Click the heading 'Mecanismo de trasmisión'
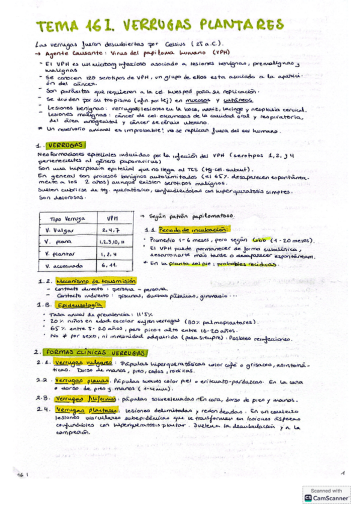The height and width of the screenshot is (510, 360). (87, 281)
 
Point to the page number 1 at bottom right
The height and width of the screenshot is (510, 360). (340, 473)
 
